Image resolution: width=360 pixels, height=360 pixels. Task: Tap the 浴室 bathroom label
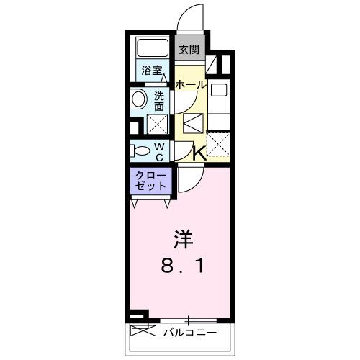[x=151, y=71]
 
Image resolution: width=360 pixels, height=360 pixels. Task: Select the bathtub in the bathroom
[x=153, y=49]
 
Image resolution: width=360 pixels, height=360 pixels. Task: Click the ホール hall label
[x=191, y=84]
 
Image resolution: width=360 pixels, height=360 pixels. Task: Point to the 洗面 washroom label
[x=159, y=101]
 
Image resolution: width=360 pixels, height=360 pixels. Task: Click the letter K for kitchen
[x=198, y=152]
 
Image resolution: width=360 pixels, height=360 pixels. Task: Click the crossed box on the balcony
[x=143, y=332]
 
